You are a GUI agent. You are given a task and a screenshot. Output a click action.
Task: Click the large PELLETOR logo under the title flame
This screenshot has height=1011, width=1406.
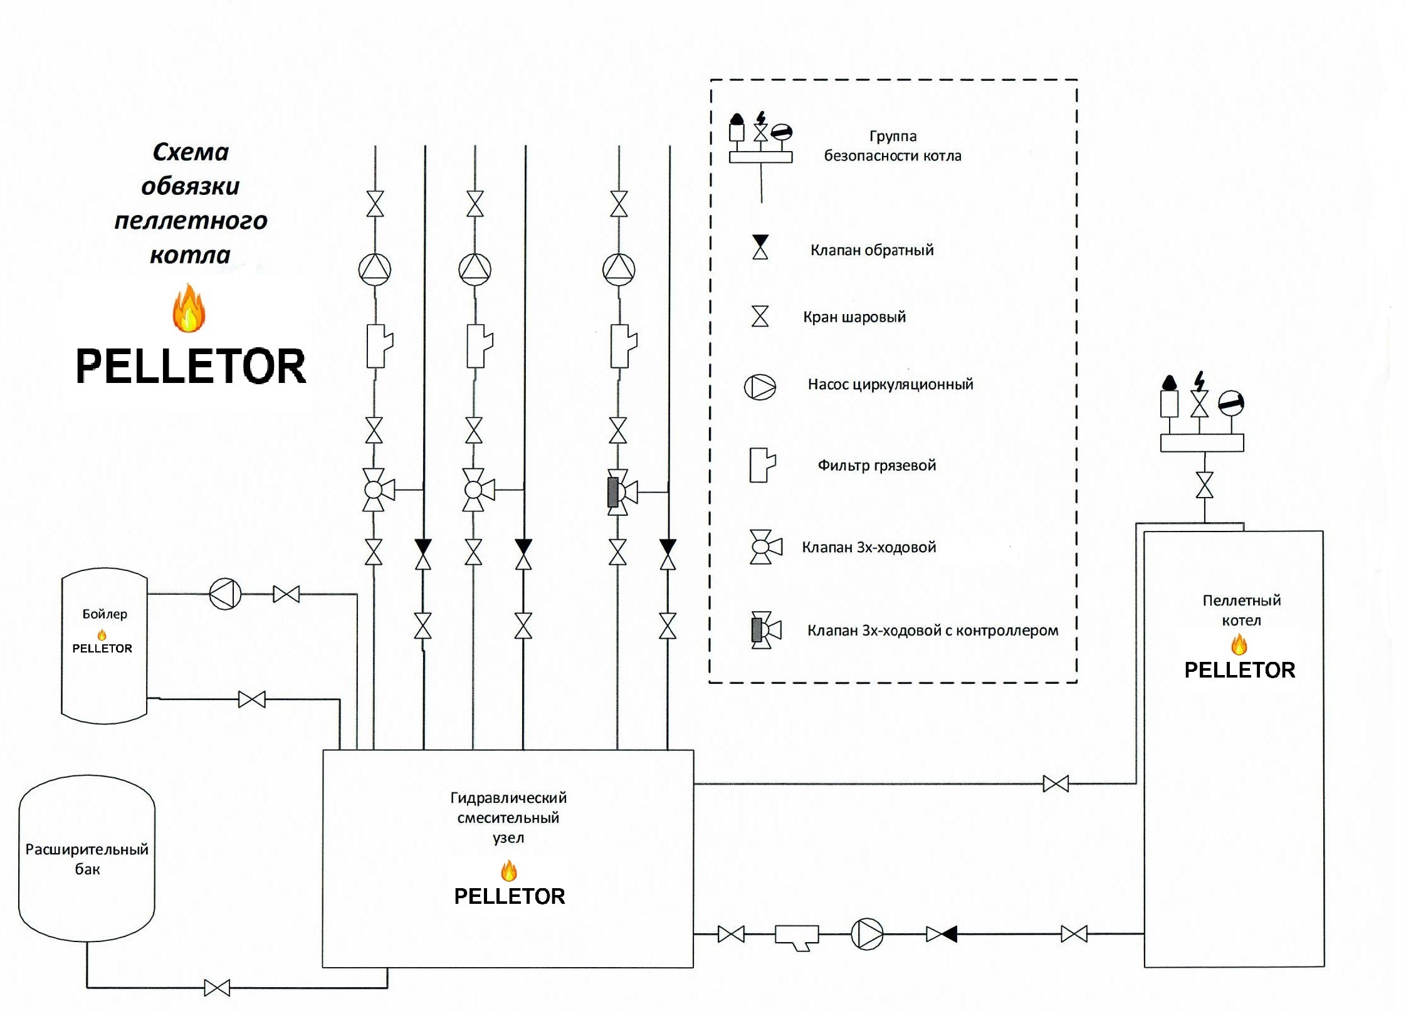[191, 367]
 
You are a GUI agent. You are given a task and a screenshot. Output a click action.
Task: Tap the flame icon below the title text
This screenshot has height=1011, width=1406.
[189, 308]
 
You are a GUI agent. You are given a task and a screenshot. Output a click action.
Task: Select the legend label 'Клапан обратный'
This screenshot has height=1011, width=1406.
[871, 250]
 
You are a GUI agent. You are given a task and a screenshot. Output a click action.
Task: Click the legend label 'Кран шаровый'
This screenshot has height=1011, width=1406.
[854, 317]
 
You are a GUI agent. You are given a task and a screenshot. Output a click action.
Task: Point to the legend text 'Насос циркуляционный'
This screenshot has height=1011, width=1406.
[890, 384]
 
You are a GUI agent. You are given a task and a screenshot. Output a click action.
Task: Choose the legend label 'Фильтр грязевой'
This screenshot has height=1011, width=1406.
[876, 465]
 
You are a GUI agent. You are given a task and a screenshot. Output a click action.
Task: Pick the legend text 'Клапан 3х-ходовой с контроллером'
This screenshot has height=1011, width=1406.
[932, 631]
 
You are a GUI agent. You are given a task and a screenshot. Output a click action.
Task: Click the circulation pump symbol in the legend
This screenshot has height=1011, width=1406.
[760, 387]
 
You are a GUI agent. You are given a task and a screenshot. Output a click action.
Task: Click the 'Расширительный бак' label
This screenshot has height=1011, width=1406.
[87, 859]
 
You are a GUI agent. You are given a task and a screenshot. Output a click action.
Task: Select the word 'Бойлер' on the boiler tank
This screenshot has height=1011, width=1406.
[105, 614]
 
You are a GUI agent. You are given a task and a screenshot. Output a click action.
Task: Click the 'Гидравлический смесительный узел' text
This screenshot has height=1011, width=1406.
[508, 817]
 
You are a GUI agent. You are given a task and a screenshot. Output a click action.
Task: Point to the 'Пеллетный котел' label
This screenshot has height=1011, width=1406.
[1241, 610]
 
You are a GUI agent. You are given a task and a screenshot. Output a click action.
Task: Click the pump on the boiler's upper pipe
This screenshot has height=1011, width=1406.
[225, 594]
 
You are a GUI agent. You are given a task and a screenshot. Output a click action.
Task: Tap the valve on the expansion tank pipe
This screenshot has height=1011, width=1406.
[217, 988]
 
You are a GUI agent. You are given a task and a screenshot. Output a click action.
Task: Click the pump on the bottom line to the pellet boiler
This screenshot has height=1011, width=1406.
[867, 934]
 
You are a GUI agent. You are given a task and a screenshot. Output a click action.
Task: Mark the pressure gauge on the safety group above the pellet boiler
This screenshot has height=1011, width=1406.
[1230, 403]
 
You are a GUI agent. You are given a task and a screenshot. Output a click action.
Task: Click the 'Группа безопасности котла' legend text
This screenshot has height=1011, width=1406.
[892, 146]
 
